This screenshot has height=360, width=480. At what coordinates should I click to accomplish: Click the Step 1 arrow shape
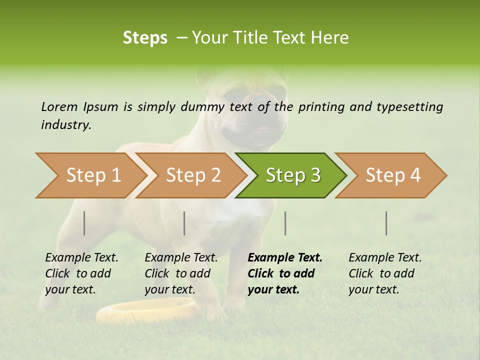90,175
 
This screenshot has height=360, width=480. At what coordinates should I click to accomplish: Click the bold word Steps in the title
145,38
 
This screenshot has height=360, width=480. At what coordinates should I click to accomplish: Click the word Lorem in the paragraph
59,106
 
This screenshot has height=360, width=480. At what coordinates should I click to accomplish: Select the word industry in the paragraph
65,124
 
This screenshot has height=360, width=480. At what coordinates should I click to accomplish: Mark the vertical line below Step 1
84,223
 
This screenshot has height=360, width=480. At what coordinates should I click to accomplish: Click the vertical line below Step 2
184,223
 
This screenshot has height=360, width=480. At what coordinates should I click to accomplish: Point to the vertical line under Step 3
285,223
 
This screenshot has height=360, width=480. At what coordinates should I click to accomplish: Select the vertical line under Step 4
386,223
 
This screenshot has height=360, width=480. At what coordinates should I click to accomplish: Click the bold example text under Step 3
284,273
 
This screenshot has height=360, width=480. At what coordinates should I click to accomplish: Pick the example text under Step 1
81,273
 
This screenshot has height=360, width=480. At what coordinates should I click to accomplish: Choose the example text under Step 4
384,273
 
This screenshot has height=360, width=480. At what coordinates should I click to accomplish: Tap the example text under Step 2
180,273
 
